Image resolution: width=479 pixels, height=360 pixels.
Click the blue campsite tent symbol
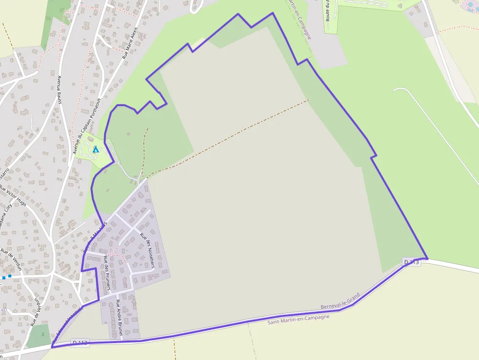pyautogui.click(x=96, y=149)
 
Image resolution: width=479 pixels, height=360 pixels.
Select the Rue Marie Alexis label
pyautogui.click(x=130, y=43)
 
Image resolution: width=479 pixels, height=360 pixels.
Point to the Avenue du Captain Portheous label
pyautogui.click(x=86, y=126)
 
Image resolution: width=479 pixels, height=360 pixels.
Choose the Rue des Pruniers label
pyautogui.click(x=106, y=274)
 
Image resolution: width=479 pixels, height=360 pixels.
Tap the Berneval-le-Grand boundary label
pyautogui.click(x=340, y=301)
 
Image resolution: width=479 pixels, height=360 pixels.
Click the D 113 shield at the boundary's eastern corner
pyautogui.click(x=412, y=262)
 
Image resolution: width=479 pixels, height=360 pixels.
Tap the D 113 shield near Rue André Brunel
pyautogui.click(x=80, y=342)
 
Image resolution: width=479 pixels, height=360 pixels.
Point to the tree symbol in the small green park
pyautogui.click(x=43, y=334)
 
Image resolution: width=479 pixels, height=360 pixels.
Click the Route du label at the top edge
pyautogui.click(x=327, y=10)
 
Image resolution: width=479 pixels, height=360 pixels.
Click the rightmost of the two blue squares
pyautogui.click(x=10, y=276)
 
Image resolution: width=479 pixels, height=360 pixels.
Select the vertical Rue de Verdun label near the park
pyautogui.click(x=35, y=312)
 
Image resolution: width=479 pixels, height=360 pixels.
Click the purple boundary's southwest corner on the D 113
pyautogui.click(x=52, y=347)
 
